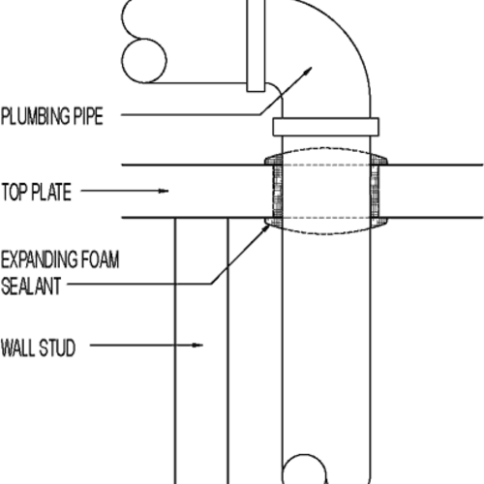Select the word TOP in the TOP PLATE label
[x=17, y=191]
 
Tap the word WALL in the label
[x=20, y=344]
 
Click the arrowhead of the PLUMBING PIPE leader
[x=310, y=69]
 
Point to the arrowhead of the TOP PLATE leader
[x=166, y=191]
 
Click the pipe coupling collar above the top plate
[x=325, y=126]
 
